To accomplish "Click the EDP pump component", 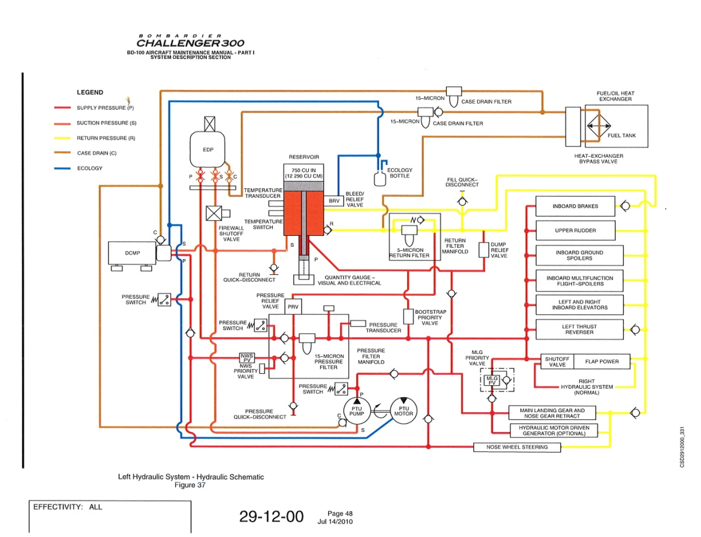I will [x=208, y=149].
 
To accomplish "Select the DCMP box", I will [x=132, y=253].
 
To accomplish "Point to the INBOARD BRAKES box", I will [x=575, y=206].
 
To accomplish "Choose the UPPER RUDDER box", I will [x=575, y=230].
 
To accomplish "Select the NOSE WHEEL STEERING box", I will [x=517, y=447].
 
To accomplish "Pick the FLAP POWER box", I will [x=601, y=362].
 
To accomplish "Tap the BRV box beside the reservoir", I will [x=334, y=201].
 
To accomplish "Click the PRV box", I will [x=293, y=307].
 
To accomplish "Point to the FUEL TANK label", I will [x=621, y=136].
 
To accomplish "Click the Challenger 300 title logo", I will [x=190, y=43].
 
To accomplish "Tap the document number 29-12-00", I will [x=271, y=517].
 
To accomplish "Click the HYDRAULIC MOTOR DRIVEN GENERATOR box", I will [x=553, y=430].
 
